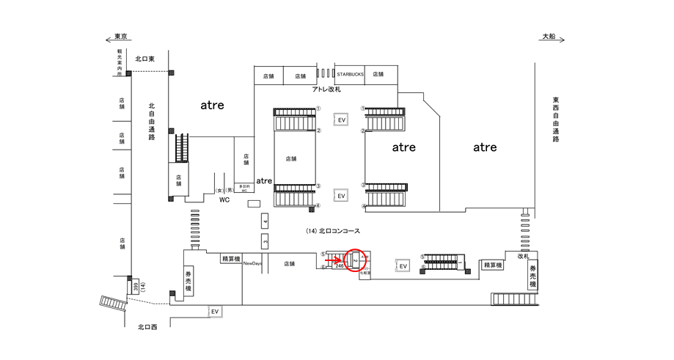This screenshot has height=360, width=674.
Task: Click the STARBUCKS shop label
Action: pos(350,75)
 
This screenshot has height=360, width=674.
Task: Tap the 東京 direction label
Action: pos(121,36)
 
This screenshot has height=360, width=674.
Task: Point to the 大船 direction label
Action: pos(550,36)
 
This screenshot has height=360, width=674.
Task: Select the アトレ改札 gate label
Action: pos(326,89)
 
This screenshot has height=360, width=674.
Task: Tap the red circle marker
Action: pos(354,260)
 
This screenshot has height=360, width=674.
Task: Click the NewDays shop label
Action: pos(253,263)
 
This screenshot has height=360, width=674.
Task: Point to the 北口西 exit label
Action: pos(147,327)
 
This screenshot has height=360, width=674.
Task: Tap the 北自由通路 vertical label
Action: pos(151,121)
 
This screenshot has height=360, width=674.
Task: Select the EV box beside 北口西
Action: pos(215,312)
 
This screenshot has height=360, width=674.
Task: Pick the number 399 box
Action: pos(134,286)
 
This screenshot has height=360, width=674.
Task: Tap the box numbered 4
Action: pos(265,221)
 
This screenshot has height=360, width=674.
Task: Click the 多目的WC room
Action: pos(243,188)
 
